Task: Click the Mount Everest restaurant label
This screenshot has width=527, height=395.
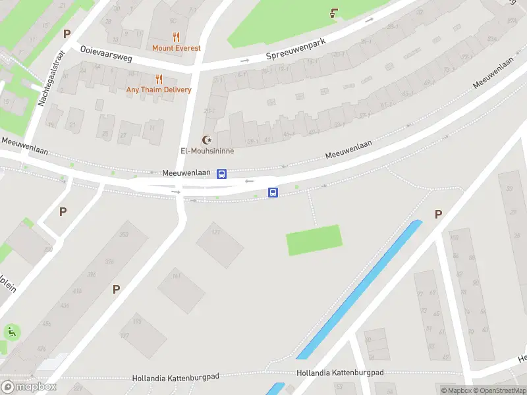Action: click(176, 48)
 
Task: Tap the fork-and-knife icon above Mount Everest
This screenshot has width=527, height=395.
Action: click(176, 37)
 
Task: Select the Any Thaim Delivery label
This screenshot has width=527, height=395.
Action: click(159, 90)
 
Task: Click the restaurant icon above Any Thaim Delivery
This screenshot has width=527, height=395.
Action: click(159, 79)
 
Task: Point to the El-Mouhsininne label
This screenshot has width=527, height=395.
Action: click(208, 151)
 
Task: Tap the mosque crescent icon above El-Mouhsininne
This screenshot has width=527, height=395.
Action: click(208, 140)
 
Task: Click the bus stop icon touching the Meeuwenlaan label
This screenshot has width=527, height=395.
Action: click(222, 174)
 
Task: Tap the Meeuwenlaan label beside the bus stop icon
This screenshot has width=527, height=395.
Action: click(186, 173)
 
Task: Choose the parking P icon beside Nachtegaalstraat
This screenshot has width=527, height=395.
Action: click(66, 34)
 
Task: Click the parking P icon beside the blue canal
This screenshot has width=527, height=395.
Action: click(438, 214)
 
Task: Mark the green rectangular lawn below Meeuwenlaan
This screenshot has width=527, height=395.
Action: click(314, 240)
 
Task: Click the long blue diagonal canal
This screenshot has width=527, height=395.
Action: click(359, 290)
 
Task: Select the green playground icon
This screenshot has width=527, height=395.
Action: click(11, 331)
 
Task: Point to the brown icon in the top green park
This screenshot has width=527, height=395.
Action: click(335, 13)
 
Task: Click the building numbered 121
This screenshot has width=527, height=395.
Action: click(219, 244)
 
